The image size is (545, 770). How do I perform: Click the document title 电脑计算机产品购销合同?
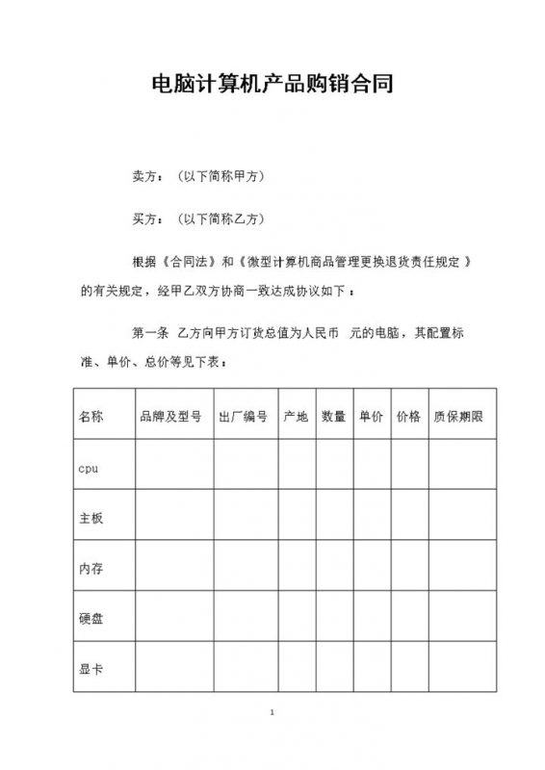click(x=272, y=84)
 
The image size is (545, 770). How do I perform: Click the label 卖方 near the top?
click(x=143, y=178)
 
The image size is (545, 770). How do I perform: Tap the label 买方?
click(x=143, y=219)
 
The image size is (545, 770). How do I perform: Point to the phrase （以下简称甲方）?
click(x=221, y=178)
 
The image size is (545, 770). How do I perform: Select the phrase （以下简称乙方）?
click(x=221, y=219)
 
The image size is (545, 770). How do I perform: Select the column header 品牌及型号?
click(x=170, y=417)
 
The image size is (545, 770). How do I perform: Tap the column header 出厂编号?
click(x=244, y=417)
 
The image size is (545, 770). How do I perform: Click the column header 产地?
click(x=296, y=417)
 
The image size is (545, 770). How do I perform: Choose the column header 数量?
click(x=334, y=417)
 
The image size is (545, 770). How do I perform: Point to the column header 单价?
click(x=372, y=417)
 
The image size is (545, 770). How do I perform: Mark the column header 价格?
click(x=408, y=417)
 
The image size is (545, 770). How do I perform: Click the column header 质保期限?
click(x=458, y=417)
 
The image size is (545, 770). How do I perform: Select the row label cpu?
click(x=88, y=468)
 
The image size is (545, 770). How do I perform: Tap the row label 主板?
click(x=91, y=518)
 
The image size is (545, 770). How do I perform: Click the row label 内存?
click(x=91, y=569)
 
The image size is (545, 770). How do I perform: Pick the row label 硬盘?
click(x=91, y=618)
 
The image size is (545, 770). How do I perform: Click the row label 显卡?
click(x=91, y=668)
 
